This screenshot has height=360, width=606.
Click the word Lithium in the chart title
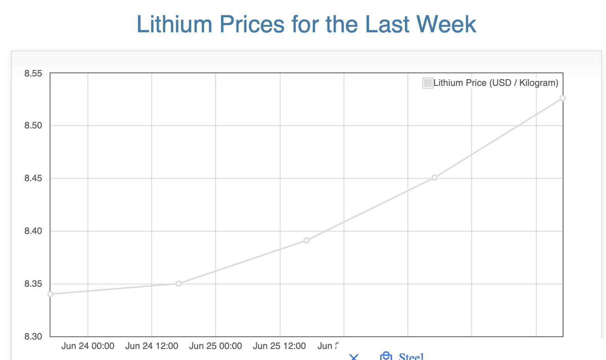tap(174, 24)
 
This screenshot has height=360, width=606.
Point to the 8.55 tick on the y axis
tap(33, 73)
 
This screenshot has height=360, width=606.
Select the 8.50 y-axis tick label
tap(33, 126)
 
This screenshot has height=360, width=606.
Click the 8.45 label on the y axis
tap(33, 178)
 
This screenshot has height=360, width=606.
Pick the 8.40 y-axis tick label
tap(33, 231)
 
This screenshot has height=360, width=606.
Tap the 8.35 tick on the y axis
tap(33, 284)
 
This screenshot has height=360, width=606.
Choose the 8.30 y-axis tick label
tap(33, 337)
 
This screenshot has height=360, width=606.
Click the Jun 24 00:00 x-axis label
tap(88, 346)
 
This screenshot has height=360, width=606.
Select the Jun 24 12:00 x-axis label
tap(152, 346)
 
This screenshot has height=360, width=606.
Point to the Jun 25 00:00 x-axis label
tap(216, 346)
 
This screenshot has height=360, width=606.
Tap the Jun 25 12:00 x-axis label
tap(279, 346)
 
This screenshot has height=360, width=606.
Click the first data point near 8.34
tap(50, 294)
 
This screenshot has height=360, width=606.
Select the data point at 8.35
tap(178, 284)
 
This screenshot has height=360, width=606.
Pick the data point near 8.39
tap(307, 240)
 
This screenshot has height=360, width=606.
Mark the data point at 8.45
tap(435, 178)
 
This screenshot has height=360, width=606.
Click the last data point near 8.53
tap(563, 98)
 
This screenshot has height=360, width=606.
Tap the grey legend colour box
tap(428, 83)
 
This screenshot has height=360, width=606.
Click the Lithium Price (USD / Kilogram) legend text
tap(496, 83)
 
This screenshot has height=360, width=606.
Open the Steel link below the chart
tap(411, 356)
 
